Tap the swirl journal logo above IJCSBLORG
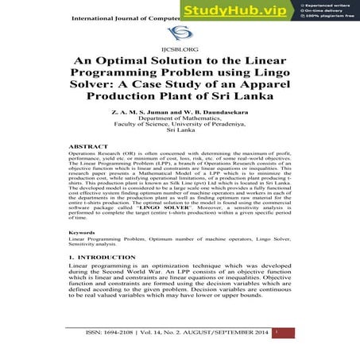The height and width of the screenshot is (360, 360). (180, 33)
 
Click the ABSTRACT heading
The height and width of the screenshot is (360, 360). (89, 147)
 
